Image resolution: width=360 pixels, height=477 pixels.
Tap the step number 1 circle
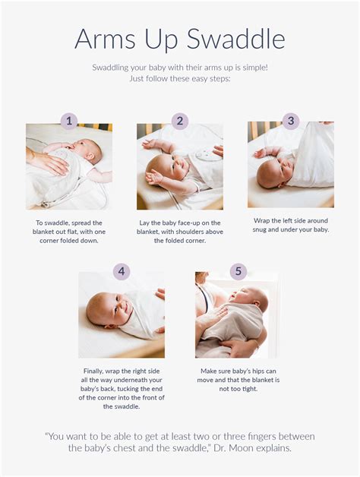[69, 121]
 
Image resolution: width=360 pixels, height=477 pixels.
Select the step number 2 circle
[180, 121]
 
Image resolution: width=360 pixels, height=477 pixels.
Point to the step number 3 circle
[291, 121]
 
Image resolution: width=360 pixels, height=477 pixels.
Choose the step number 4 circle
[122, 271]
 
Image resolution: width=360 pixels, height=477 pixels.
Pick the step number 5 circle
[238, 271]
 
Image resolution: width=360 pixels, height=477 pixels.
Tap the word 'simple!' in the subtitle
[251, 68]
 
